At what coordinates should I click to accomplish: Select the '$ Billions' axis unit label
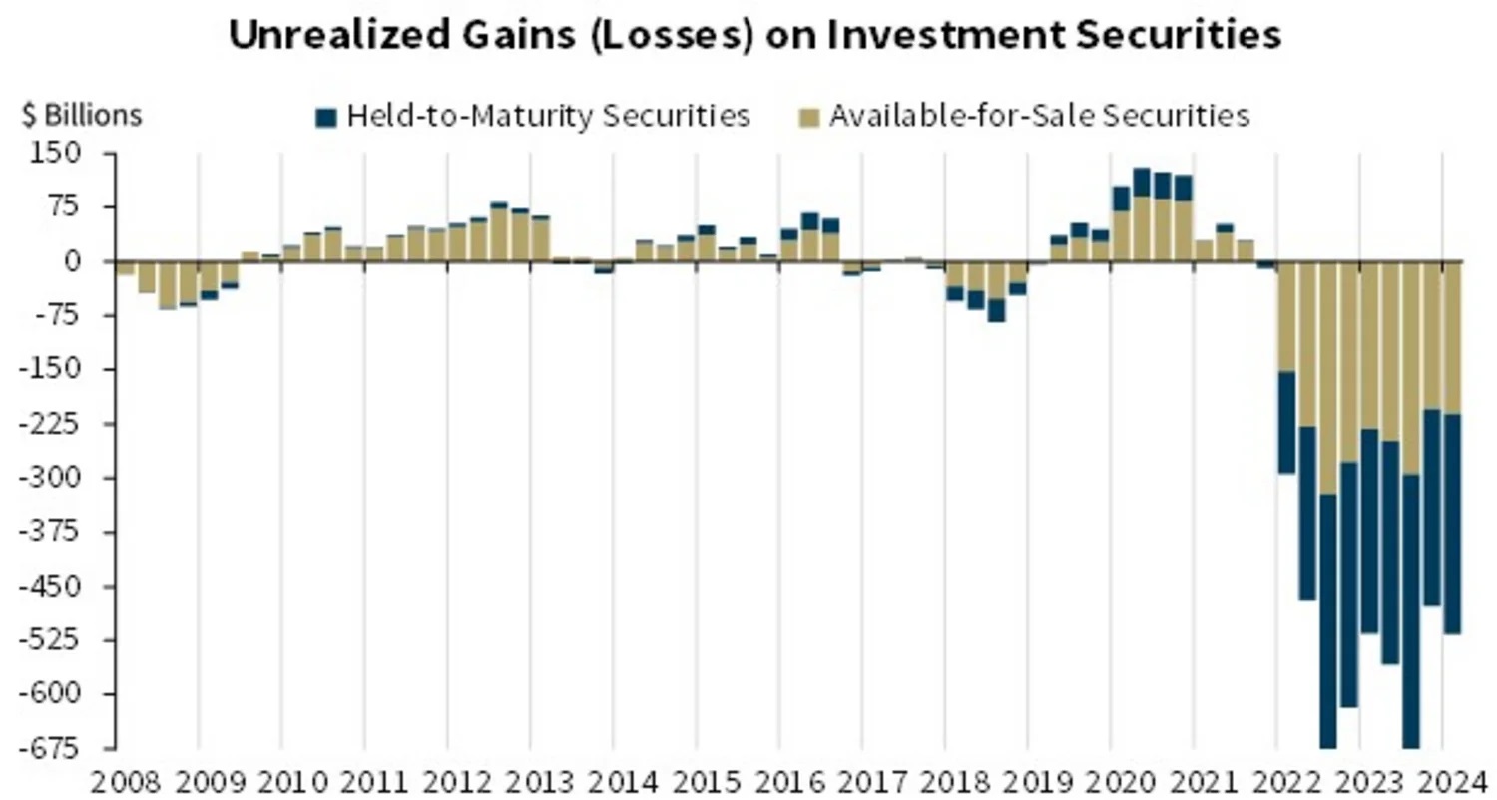click(82, 116)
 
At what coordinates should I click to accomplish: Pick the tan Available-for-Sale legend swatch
click(810, 117)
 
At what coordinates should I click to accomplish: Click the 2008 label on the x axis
click(118, 780)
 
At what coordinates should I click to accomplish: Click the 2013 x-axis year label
click(532, 780)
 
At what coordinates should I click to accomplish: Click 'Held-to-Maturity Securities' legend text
click(548, 116)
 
